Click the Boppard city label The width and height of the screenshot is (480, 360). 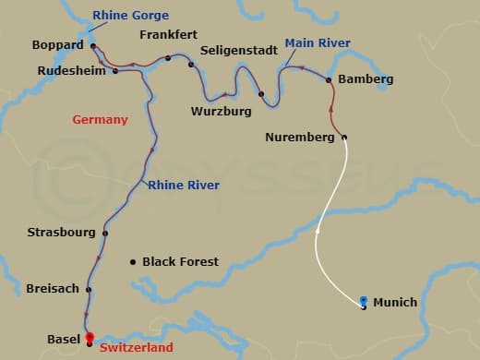(x=57, y=44)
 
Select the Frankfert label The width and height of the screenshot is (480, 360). (x=169, y=34)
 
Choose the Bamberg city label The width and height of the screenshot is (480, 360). (x=366, y=79)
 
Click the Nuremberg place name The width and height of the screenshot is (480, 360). (x=298, y=138)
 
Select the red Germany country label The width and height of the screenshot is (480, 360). (x=100, y=120)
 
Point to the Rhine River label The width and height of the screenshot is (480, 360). (x=183, y=186)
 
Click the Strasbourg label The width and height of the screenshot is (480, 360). (x=62, y=233)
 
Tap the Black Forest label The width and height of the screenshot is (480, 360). (x=180, y=262)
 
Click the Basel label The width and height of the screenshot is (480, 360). (x=64, y=340)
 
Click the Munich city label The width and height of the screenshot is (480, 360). (x=395, y=303)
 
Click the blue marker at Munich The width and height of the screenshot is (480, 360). (x=364, y=301)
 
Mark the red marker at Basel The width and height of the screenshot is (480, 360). (x=90, y=338)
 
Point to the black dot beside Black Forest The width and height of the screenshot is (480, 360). (x=133, y=262)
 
